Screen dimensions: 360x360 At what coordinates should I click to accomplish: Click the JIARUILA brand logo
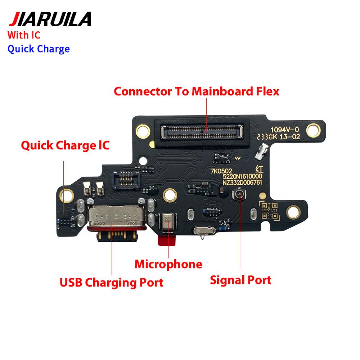point(50,19)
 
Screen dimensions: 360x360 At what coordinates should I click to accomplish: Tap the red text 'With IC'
point(24,35)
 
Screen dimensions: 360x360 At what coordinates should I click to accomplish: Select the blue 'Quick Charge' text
point(39,49)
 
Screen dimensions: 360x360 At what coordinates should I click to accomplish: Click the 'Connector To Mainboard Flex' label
point(197,91)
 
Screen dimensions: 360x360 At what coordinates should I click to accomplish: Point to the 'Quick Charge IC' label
point(65,145)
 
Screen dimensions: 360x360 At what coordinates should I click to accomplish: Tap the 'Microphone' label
point(168,264)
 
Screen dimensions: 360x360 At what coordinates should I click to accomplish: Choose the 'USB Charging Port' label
point(111,282)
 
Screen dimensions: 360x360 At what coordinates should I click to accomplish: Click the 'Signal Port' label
point(240,280)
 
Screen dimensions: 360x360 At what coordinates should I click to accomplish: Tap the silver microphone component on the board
point(168,221)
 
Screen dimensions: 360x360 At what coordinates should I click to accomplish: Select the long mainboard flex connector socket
point(202,132)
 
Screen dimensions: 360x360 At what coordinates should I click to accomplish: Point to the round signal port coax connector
point(239,195)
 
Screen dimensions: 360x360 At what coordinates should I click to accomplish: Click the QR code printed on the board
point(269,211)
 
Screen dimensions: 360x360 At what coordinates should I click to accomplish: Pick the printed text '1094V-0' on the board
point(285,130)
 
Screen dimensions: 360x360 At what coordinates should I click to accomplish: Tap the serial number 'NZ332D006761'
point(242,183)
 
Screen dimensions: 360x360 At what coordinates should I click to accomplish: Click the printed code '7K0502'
point(221,171)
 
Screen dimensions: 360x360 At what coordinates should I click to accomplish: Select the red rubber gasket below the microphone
point(167,239)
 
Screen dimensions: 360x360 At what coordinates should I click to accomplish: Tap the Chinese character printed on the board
point(260,170)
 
